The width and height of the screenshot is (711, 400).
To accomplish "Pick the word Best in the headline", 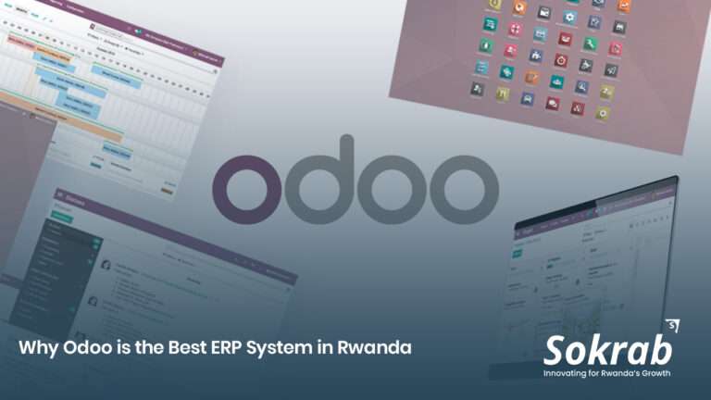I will click(x=167, y=348).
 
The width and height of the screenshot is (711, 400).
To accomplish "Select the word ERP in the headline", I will click(x=209, y=348).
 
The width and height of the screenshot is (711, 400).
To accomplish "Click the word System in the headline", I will click(x=262, y=349).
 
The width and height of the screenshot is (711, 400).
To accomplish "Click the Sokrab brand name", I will click(x=607, y=350).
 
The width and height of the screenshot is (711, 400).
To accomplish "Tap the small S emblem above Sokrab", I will click(x=671, y=325).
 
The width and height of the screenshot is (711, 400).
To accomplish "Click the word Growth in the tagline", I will click(x=655, y=373).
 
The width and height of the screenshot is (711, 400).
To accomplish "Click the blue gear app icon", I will click(x=570, y=17).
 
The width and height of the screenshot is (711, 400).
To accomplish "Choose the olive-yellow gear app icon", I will click(x=603, y=113).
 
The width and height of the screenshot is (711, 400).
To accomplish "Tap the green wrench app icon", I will click(x=590, y=44).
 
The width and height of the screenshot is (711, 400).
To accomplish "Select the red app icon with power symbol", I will click(x=561, y=60).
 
